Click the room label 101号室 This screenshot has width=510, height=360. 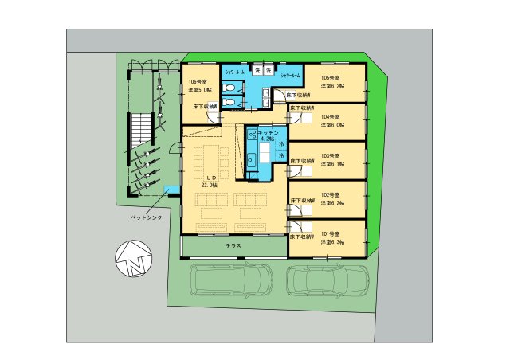pyautogui.click(x=331, y=232)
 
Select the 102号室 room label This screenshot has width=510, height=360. pyautogui.click(x=331, y=194)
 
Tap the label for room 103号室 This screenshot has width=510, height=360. pyautogui.click(x=331, y=155)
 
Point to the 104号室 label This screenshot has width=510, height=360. pyautogui.click(x=331, y=116)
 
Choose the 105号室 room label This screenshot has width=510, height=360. pyautogui.click(x=331, y=77)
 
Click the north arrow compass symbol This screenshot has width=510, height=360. pyautogui.click(x=132, y=259)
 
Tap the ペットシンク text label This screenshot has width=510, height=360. pyautogui.click(x=127, y=216)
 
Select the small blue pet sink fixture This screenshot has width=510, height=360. pyautogui.click(x=170, y=190)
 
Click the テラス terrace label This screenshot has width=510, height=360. pyautogui.click(x=233, y=247)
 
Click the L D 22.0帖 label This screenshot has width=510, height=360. pyautogui.click(x=210, y=181)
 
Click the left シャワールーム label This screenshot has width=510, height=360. pyautogui.click(x=235, y=72)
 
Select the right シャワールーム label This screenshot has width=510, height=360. pyautogui.click(x=290, y=76)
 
